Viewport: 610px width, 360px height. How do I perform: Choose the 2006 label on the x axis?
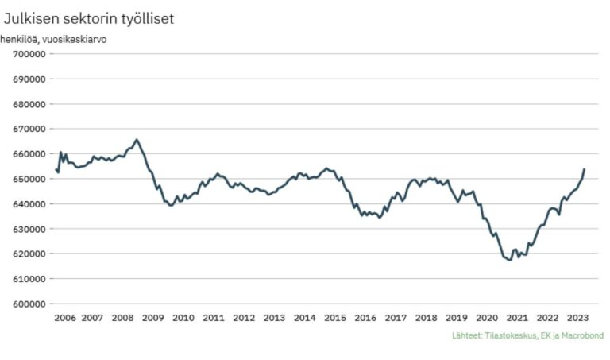click(x=64, y=318)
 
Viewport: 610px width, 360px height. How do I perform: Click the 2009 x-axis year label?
click(x=153, y=318)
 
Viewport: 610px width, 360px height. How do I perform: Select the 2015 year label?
click(x=335, y=318)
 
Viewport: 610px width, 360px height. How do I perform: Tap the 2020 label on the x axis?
click(x=486, y=318)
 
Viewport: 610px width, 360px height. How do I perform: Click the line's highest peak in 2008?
click(x=137, y=140)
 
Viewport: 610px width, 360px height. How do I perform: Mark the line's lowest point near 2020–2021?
click(x=509, y=260)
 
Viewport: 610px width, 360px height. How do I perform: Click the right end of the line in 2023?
click(x=585, y=169)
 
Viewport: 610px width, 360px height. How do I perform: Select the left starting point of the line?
click(x=56, y=169)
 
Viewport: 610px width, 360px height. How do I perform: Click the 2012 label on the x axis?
click(x=244, y=318)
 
